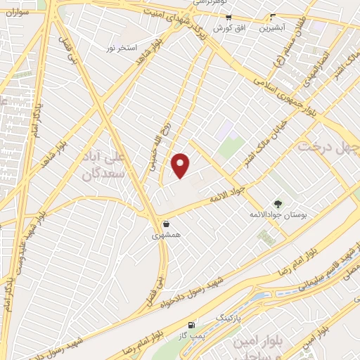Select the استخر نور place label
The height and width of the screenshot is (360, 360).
tap(120, 46)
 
